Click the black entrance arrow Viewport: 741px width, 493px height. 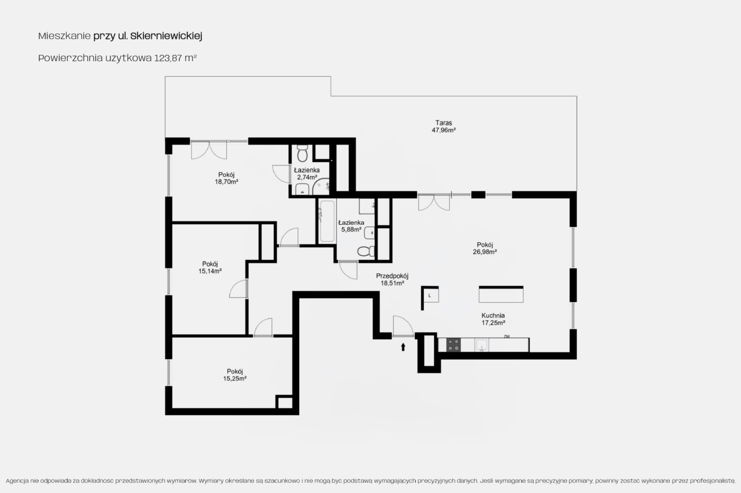(403, 347)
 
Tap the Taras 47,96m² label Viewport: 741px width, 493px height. (444, 127)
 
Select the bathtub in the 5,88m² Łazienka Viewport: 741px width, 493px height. (327, 221)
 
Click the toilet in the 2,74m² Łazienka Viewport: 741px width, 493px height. (303, 153)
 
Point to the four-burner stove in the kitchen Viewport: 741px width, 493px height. (453, 344)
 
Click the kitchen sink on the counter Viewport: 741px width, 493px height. (482, 345)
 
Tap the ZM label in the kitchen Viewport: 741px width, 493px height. (506, 336)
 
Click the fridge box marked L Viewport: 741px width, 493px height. (430, 295)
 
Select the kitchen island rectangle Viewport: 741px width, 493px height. (501, 294)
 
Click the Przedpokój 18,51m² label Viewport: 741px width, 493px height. (392, 279)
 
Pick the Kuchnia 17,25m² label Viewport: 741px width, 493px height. (493, 319)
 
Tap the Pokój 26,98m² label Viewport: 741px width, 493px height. (485, 248)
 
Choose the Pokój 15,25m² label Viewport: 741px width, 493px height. (235, 375)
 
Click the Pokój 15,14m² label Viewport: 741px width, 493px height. (210, 268)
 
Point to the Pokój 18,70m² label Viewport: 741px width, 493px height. (226, 178)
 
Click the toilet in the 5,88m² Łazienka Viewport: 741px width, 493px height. (366, 251)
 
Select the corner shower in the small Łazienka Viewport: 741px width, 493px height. (321, 187)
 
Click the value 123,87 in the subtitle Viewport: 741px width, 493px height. (168, 58)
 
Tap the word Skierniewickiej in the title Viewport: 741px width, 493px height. (166, 36)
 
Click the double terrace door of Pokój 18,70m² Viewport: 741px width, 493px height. (209, 150)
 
